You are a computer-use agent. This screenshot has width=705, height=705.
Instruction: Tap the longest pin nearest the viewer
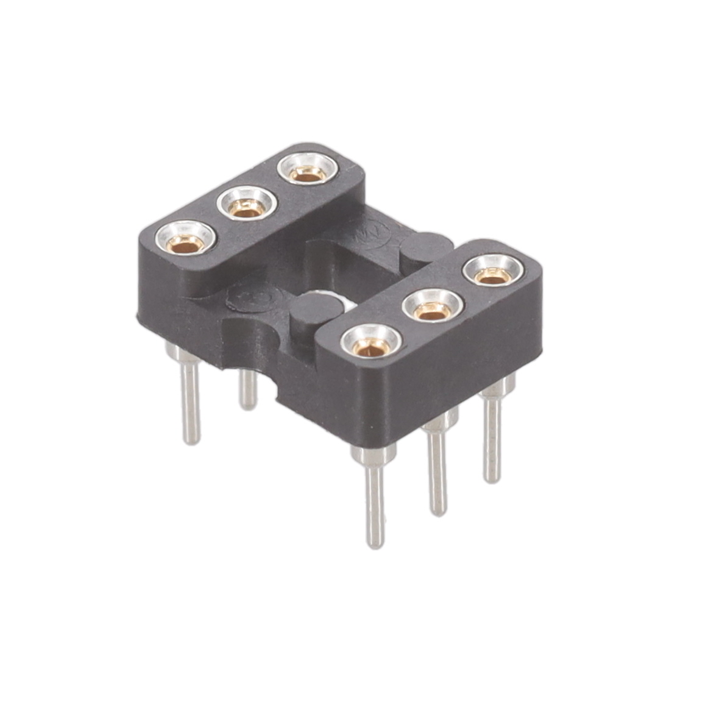375,500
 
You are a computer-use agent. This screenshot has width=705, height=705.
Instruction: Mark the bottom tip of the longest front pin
376,544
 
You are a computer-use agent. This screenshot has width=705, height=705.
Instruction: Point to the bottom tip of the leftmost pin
191,440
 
